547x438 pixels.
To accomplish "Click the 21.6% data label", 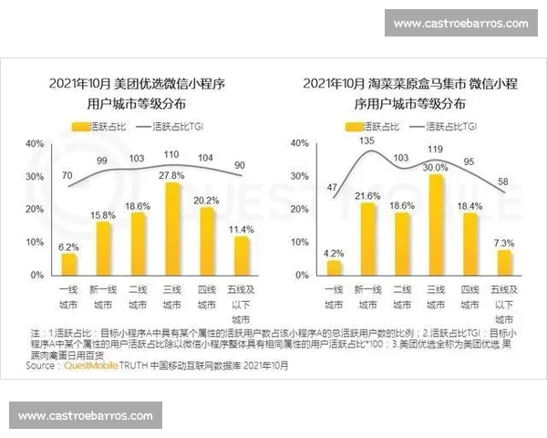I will point(367,196).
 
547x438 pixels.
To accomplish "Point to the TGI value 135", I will point(366,141).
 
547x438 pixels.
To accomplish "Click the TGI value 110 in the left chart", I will point(170,154).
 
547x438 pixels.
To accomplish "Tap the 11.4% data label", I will point(240,229).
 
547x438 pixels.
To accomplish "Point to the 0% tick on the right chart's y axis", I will point(293,275).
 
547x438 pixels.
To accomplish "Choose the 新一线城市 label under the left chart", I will point(103,297).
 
